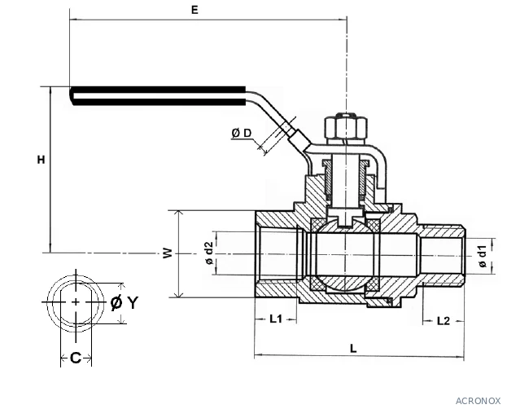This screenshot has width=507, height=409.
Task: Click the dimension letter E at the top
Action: [x=194, y=10]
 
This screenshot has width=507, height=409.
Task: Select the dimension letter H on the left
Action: [x=41, y=160]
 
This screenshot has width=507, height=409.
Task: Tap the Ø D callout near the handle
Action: [x=242, y=133]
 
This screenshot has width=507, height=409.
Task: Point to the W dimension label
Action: [x=168, y=253]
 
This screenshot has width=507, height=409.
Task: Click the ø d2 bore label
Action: [x=209, y=253]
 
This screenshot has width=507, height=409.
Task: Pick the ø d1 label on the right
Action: [x=482, y=256]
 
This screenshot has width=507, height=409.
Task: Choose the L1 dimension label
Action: [x=276, y=319]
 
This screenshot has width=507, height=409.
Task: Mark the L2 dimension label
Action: [x=444, y=321]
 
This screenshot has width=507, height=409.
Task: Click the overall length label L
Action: [x=353, y=349]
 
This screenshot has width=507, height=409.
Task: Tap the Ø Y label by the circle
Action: [x=125, y=302]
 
